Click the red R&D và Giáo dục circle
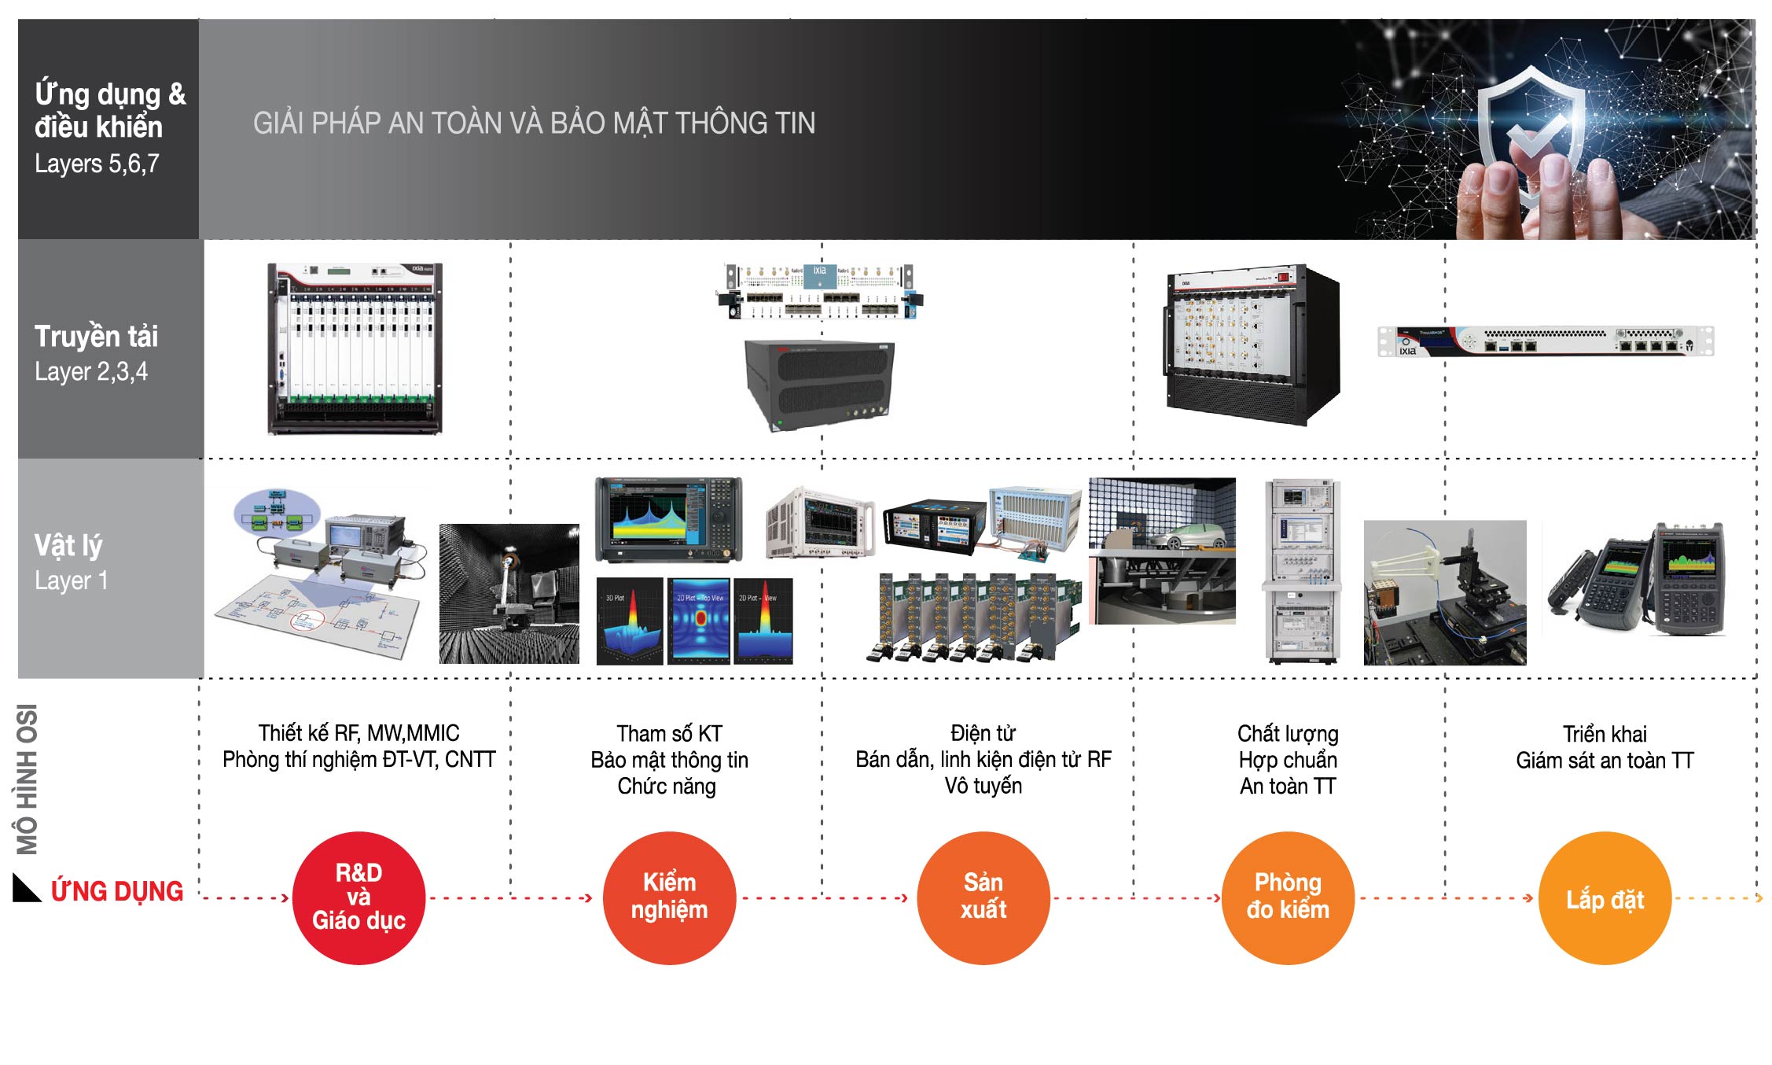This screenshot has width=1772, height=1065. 358,897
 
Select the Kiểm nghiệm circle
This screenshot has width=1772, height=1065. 669,897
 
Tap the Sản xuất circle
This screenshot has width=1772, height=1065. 983,897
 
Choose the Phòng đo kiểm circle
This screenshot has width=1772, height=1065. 1288,897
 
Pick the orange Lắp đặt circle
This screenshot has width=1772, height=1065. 1604,897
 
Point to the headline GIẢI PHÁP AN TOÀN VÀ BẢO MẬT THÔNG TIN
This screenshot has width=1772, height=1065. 534,123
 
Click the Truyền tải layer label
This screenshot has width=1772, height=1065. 96,337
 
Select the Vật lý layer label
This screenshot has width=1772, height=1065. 68,545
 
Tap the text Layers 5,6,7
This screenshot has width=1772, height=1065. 97,164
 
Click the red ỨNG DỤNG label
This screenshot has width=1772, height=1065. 117,891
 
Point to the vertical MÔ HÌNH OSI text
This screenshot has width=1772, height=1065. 28,779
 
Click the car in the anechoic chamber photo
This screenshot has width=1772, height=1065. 1187,536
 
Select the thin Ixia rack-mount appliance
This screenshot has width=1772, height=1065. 1545,341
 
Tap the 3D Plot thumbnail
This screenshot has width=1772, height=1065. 630,621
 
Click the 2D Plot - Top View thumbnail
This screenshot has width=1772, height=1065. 699,621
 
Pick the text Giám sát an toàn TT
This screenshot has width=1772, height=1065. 1604,761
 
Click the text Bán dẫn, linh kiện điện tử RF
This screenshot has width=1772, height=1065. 983,760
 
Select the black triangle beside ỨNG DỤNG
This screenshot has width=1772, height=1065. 25,889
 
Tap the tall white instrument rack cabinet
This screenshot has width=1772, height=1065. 1301,570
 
